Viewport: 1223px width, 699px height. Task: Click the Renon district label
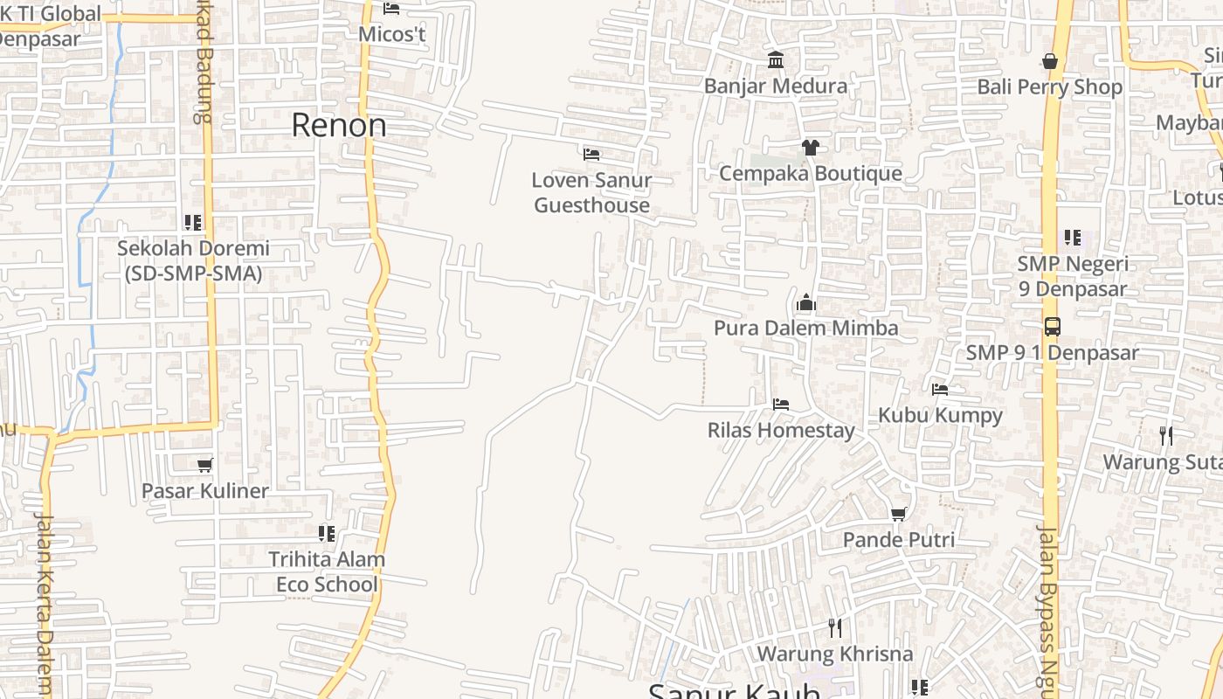click(339, 125)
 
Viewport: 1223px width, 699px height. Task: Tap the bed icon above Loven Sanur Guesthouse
click(591, 155)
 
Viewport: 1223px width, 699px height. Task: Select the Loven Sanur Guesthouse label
click(592, 193)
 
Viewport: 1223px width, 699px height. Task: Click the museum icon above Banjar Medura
click(776, 59)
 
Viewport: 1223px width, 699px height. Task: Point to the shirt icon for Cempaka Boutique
click(811, 147)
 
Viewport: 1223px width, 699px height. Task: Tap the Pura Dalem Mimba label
click(805, 328)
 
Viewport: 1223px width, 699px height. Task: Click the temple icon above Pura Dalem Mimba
click(805, 302)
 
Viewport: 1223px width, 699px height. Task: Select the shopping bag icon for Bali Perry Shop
click(1050, 61)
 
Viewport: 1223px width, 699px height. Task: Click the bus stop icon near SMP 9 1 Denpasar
click(1052, 327)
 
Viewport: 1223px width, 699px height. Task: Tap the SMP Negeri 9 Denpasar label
click(1073, 276)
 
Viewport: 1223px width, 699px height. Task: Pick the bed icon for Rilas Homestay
click(781, 404)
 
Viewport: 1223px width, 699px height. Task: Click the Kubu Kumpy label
click(940, 415)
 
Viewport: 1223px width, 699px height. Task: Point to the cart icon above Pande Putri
click(899, 514)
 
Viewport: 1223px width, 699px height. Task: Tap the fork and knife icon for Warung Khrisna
click(835, 627)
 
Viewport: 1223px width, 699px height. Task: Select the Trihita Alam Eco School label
click(327, 571)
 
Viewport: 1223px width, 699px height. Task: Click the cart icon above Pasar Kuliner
click(205, 465)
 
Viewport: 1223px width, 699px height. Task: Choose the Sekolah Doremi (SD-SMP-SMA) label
click(193, 260)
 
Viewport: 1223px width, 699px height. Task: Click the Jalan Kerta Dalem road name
click(44, 603)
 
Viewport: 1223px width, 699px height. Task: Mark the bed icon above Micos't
click(391, 9)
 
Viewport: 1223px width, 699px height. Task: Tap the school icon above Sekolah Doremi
click(193, 223)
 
